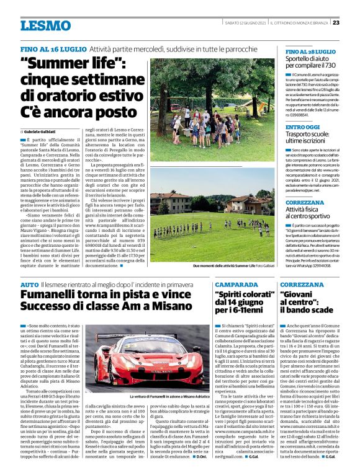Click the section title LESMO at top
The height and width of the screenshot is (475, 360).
point(45,25)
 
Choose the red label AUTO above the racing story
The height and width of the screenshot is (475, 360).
point(29,284)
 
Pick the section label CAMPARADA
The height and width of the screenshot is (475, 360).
point(237,284)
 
